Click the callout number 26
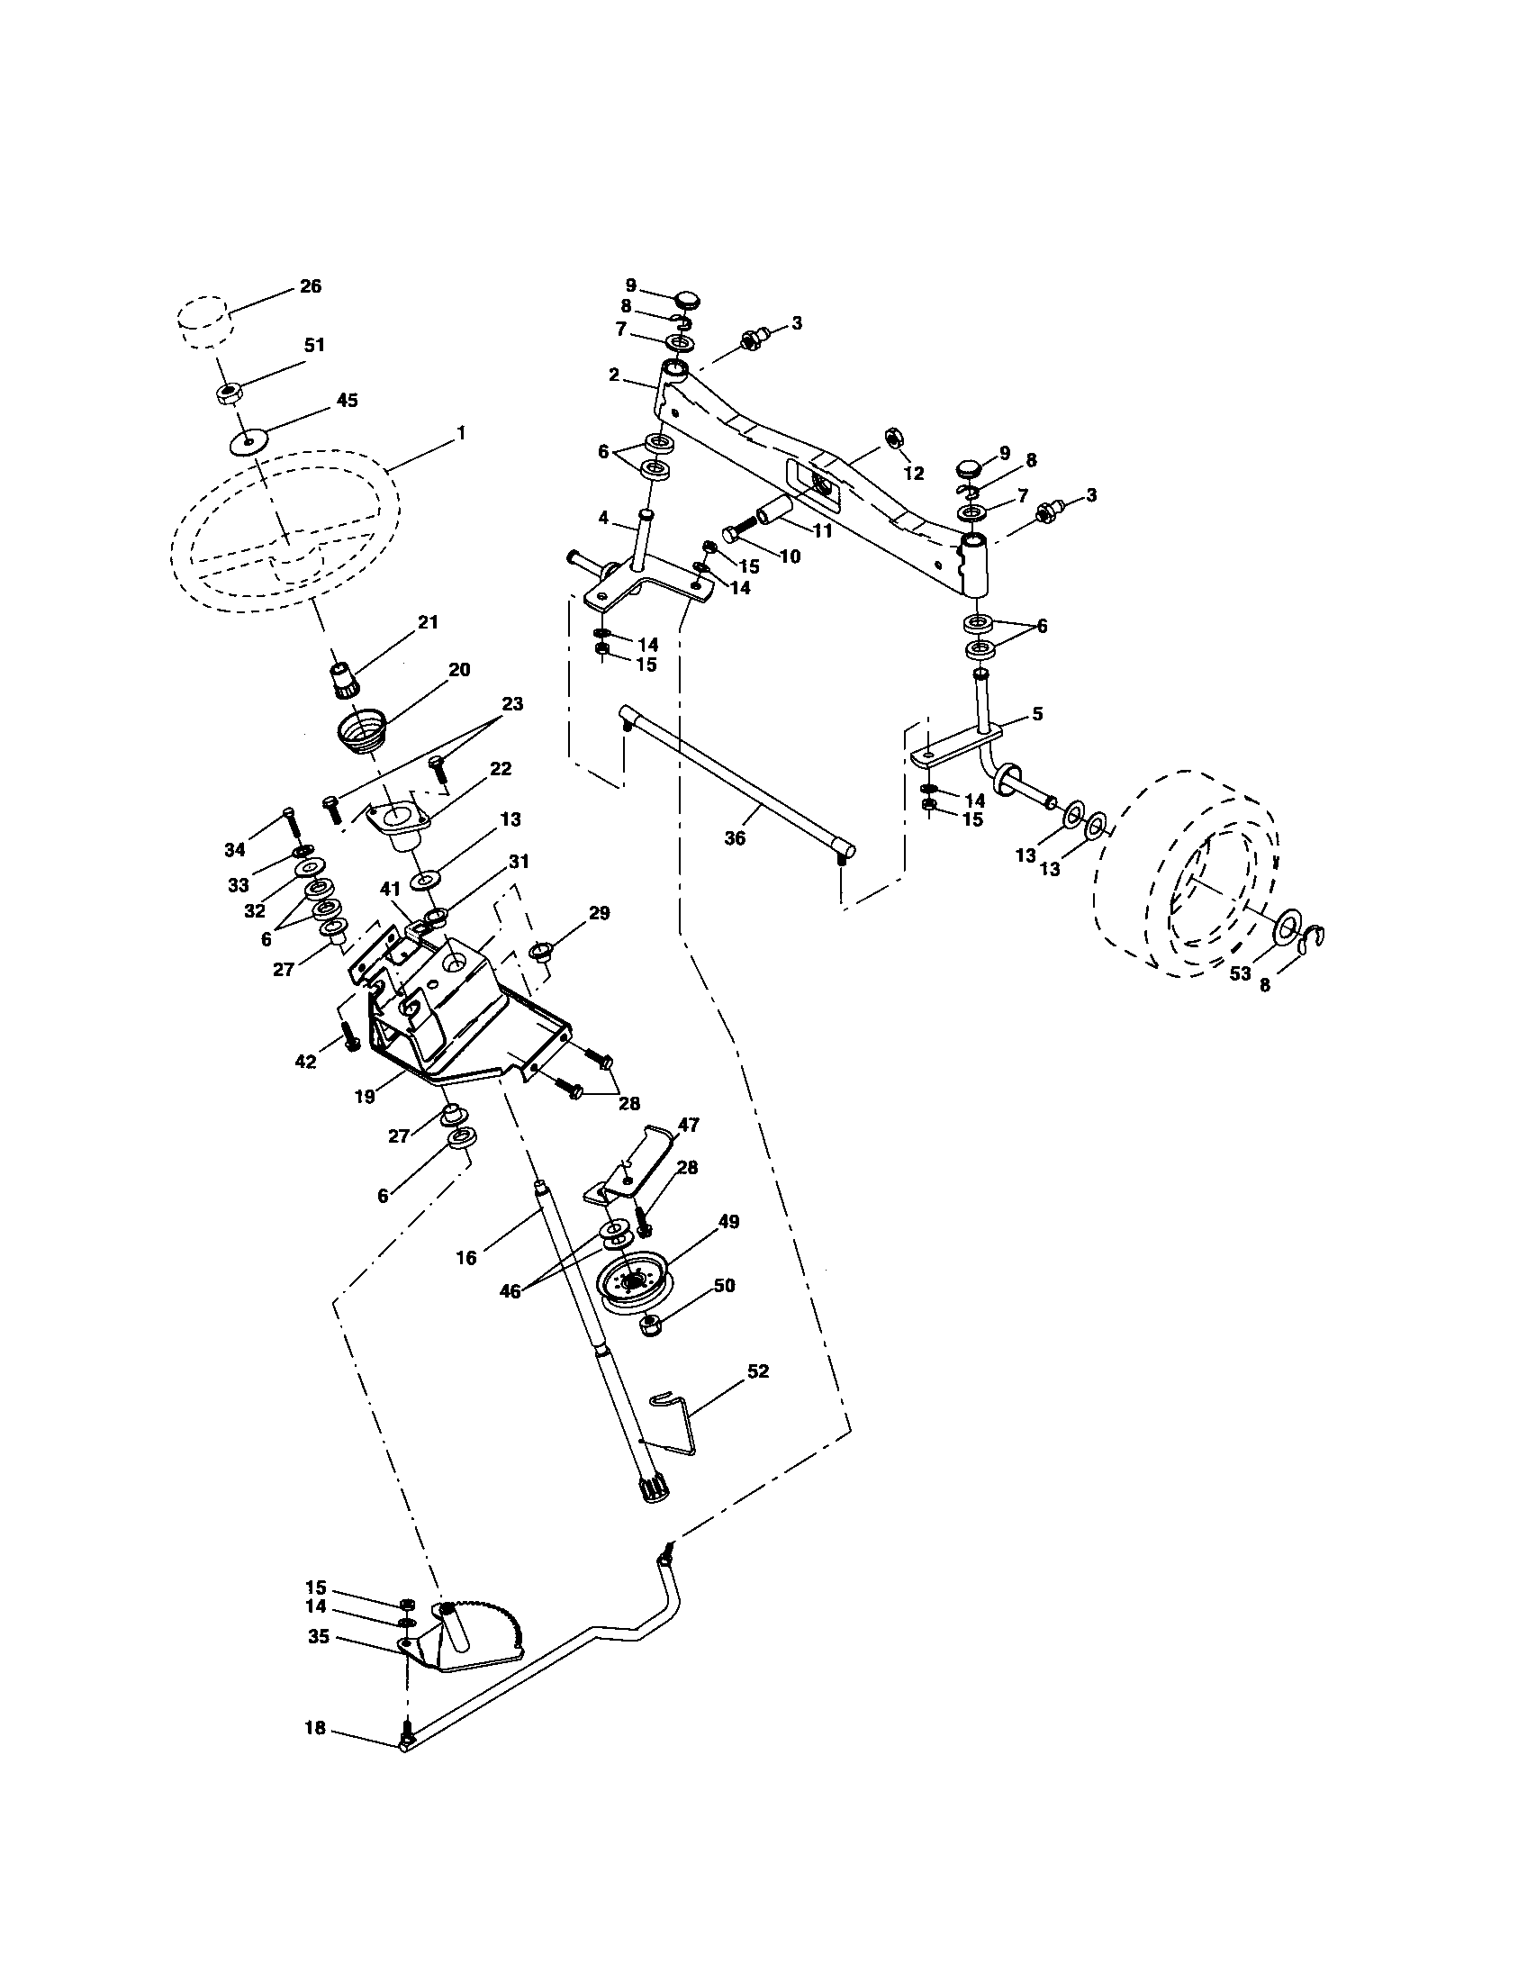[x=310, y=286]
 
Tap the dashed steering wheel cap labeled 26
[x=203, y=321]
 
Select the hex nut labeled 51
[x=228, y=393]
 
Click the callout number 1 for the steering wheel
[x=461, y=434]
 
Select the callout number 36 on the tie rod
[x=735, y=838]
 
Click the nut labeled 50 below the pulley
[x=649, y=1327]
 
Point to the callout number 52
[x=757, y=1396]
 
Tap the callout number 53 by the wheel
[x=1240, y=973]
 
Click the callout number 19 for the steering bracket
[x=365, y=1096]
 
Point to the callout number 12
[x=913, y=474]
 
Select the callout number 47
[x=688, y=1125]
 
